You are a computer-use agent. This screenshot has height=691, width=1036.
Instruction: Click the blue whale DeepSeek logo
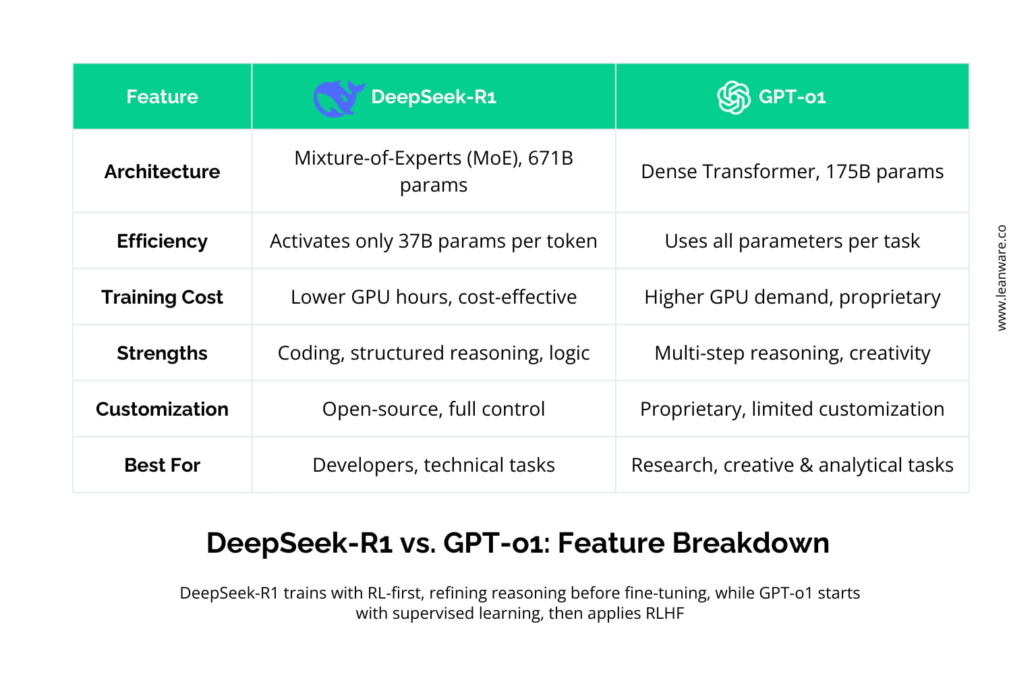(339, 98)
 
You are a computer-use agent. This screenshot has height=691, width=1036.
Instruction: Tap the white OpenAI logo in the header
(734, 97)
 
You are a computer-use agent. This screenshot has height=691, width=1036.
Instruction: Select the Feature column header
(163, 96)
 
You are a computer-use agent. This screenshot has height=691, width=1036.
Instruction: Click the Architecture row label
(163, 171)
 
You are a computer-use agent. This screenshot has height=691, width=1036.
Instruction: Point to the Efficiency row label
(163, 241)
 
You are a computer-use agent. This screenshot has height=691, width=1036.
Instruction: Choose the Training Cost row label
(163, 297)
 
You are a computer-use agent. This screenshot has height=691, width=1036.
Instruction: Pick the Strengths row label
(163, 353)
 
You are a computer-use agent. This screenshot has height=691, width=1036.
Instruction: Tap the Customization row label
(163, 409)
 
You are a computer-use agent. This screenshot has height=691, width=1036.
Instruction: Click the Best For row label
(163, 465)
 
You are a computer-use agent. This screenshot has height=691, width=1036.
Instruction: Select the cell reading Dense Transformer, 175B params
(793, 171)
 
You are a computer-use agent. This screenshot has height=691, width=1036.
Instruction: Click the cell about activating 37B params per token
(434, 241)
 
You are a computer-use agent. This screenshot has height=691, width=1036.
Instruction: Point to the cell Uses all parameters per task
(793, 241)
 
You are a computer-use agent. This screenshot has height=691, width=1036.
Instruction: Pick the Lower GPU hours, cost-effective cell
(434, 297)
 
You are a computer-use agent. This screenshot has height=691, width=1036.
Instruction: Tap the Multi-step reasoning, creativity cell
(793, 353)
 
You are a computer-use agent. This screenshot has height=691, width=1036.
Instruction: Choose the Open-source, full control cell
(434, 409)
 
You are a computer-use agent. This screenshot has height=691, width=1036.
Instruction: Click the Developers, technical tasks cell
(434, 465)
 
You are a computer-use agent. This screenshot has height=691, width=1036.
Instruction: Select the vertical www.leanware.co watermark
(1002, 278)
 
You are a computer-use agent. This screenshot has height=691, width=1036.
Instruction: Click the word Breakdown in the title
(751, 543)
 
